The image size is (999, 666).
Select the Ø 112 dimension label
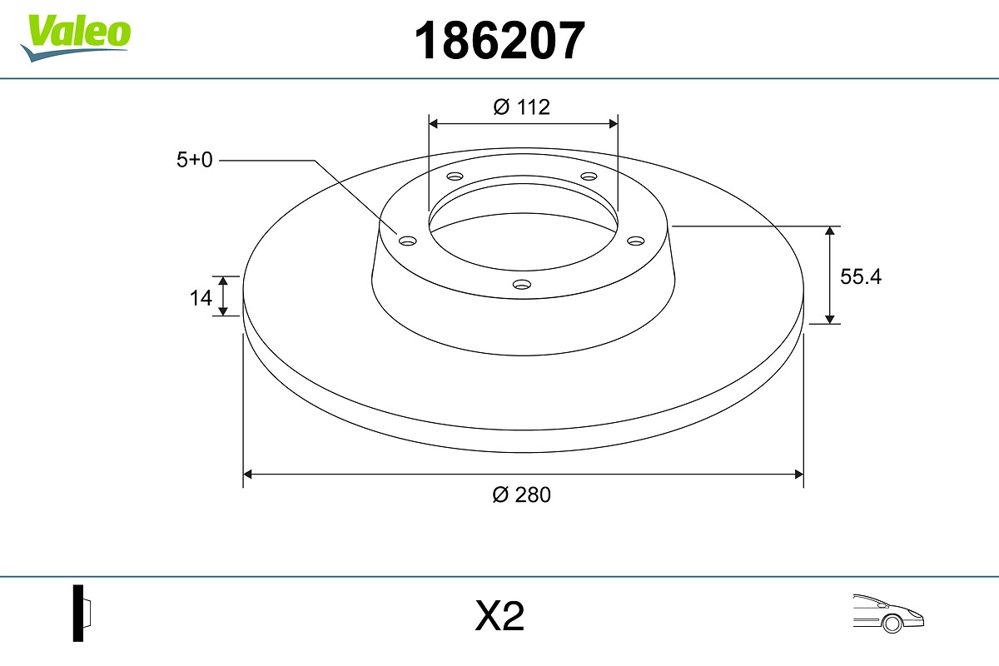[522, 107]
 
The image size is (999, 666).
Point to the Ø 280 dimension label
[522, 495]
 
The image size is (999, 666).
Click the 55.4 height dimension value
[860, 277]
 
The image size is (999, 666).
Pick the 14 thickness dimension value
[201, 297]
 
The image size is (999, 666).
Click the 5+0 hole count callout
[194, 160]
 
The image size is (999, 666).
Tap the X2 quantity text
[499, 617]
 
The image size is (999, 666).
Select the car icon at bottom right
[888, 614]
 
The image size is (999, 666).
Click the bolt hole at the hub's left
[407, 241]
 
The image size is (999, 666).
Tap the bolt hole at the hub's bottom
[522, 285]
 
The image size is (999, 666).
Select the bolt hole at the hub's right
[636, 241]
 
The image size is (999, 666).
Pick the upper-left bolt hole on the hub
[455, 176]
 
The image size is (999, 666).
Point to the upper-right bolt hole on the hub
[589, 176]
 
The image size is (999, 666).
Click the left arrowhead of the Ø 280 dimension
[247, 475]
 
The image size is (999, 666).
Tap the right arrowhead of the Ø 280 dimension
[798, 475]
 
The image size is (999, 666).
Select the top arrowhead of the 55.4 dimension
[830, 231]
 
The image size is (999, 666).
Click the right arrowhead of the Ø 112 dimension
[614, 123]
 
